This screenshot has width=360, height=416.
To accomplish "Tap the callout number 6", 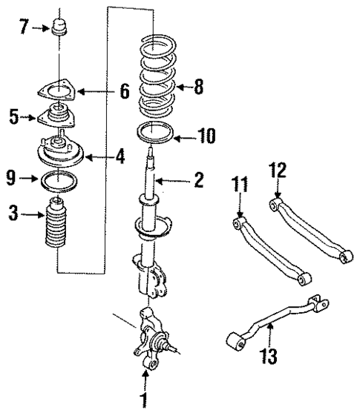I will pyautogui.click(x=125, y=91).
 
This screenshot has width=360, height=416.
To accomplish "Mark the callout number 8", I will pyautogui.click(x=198, y=88).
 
